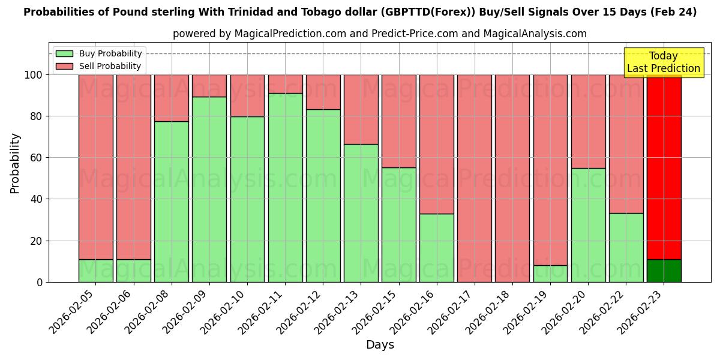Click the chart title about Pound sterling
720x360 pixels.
pyautogui.click(x=360, y=12)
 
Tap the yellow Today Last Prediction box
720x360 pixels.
pyautogui.click(x=664, y=62)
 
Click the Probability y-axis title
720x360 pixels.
pyautogui.click(x=15, y=163)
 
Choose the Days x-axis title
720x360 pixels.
pyautogui.click(x=380, y=345)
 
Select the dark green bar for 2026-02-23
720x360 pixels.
pyautogui.click(x=664, y=271)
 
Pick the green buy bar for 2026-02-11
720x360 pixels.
pyautogui.click(x=285, y=187)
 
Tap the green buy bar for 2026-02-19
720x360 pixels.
pyautogui.click(x=550, y=274)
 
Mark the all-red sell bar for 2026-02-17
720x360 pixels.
pyautogui.click(x=474, y=178)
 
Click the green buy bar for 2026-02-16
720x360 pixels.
pyautogui.click(x=436, y=248)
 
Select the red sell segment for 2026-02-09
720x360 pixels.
pyautogui.click(x=209, y=86)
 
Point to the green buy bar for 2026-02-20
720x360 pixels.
pyautogui.click(x=588, y=225)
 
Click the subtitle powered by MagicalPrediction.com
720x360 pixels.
pyautogui.click(x=380, y=34)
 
